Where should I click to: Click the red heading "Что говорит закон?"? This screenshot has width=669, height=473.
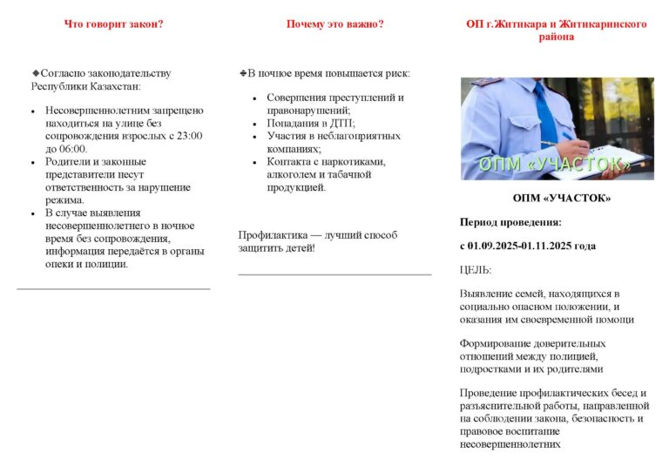pyautogui.click(x=113, y=24)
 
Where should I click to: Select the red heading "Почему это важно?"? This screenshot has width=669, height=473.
pyautogui.click(x=334, y=24)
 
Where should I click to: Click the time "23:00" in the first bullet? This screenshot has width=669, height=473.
pyautogui.click(x=189, y=136)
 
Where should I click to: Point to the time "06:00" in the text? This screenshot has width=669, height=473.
pyautogui.click(x=74, y=149)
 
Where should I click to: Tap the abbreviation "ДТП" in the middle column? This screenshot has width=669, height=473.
pyautogui.click(x=330, y=124)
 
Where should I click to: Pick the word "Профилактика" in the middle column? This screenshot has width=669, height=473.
pyautogui.click(x=267, y=235)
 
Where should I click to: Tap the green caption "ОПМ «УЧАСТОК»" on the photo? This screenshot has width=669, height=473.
pyautogui.click(x=554, y=165)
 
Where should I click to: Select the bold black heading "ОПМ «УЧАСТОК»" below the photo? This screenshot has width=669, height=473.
pyautogui.click(x=562, y=199)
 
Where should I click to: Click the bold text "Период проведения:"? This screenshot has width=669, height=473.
pyautogui.click(x=510, y=222)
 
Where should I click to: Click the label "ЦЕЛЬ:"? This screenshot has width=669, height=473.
pyautogui.click(x=476, y=270)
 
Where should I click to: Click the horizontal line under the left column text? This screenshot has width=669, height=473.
pyautogui.click(x=113, y=288)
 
